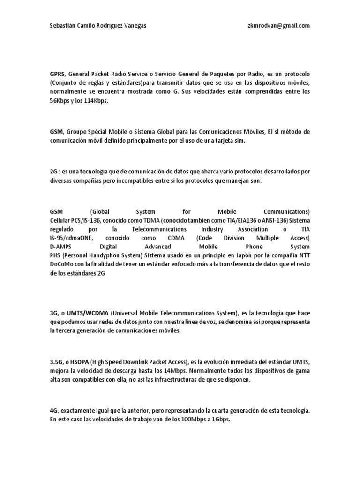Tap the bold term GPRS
tap(57, 75)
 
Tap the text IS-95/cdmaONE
tap(69, 238)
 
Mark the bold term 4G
tap(53, 410)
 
